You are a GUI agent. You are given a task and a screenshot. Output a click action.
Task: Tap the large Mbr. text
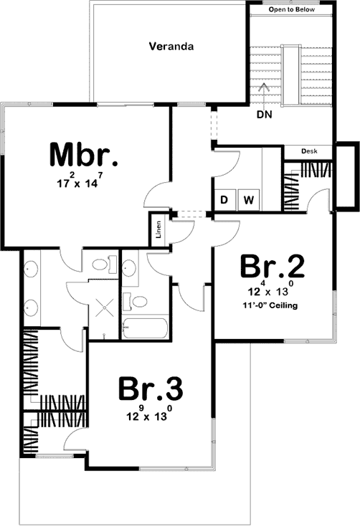83,156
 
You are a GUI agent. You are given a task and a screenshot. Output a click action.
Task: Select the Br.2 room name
273,267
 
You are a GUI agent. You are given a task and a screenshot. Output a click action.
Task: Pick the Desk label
309,152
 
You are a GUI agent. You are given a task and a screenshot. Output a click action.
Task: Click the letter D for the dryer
224,199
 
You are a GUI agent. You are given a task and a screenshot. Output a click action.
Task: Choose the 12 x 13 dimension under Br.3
151,415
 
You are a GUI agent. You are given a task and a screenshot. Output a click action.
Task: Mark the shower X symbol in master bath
103,310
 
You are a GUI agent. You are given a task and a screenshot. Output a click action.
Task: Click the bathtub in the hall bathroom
145,329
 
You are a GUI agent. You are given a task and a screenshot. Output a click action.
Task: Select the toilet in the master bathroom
100,264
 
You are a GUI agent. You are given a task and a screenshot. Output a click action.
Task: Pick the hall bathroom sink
129,270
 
